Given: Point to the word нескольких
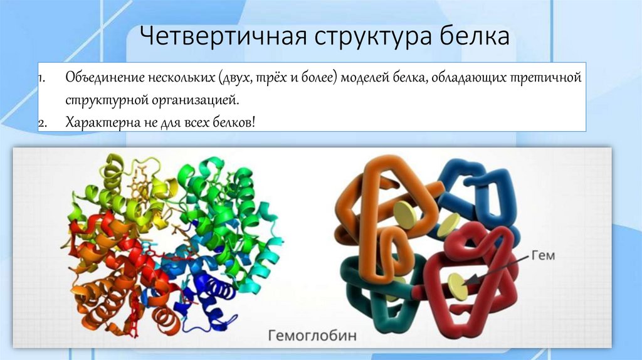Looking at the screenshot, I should point(182,80).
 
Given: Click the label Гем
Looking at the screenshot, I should point(543,255).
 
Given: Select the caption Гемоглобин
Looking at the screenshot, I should point(312,335).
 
